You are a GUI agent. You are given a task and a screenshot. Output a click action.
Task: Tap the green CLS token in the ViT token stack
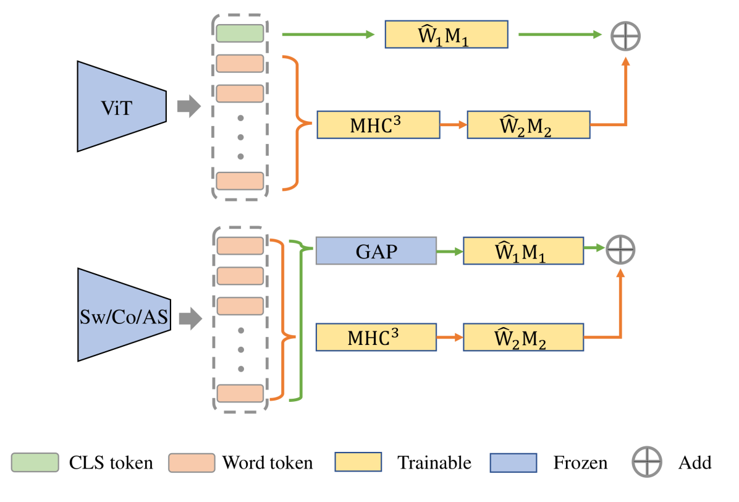pos(240,33)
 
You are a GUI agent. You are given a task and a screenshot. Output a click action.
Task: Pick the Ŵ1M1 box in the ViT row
pos(446,35)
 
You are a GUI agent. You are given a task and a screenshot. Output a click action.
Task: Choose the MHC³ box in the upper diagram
pos(378,125)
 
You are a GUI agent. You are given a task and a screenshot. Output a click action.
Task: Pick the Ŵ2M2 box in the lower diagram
pos(523,338)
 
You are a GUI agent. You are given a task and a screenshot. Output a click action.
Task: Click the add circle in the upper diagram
pos(625,36)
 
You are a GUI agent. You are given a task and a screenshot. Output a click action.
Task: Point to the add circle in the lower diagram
pos(620,250)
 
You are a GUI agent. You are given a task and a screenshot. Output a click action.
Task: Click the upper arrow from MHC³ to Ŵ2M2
pos(454,125)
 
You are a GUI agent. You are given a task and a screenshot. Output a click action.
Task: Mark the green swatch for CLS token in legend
pos(36,462)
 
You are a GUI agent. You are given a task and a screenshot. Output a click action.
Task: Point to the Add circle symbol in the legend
pos(646,462)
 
